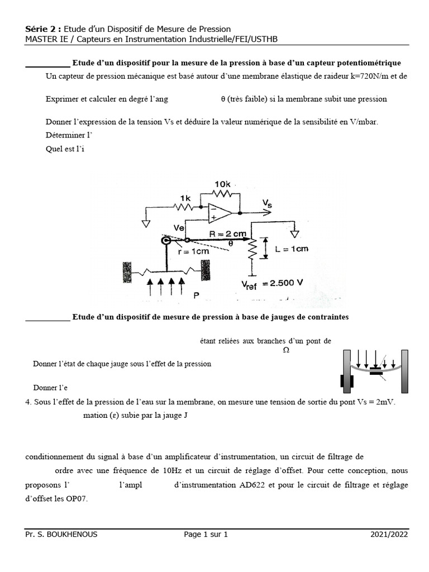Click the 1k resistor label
(185, 198)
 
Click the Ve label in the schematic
(179, 228)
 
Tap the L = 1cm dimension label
(292, 250)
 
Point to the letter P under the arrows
(196, 295)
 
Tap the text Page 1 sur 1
(206, 534)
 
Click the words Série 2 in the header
(43, 28)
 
